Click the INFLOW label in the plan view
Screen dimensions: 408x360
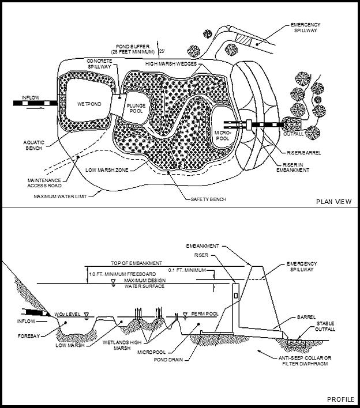tap(31, 97)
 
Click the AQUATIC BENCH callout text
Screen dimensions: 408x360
tap(33, 144)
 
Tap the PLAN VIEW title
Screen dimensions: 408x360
tap(334, 202)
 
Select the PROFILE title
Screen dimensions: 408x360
tap(341, 399)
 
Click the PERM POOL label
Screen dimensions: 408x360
tap(202, 314)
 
